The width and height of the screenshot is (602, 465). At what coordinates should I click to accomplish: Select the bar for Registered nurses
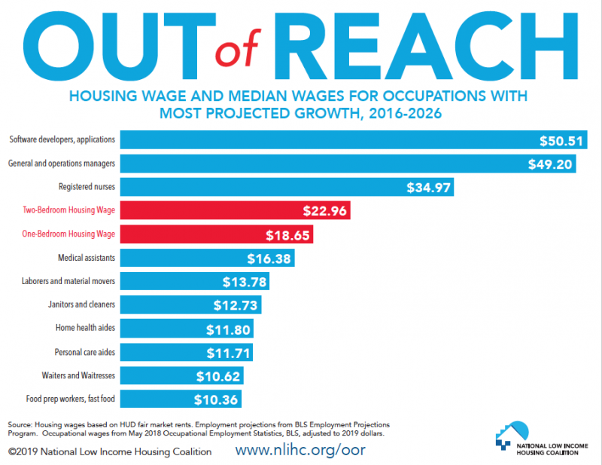click(286, 187)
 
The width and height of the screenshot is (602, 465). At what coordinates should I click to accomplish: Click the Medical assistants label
click(87, 258)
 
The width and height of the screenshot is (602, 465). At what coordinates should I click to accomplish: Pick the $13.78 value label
click(245, 281)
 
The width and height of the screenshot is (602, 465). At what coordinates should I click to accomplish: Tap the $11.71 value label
click(229, 352)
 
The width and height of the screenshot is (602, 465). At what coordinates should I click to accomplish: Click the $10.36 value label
click(217, 399)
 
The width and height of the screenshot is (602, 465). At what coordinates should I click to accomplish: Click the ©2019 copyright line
click(110, 451)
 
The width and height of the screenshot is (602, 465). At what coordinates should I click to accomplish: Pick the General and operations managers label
click(62, 163)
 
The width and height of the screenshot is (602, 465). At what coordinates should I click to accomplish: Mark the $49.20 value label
click(551, 164)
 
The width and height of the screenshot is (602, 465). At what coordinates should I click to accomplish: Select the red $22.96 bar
click(233, 210)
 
